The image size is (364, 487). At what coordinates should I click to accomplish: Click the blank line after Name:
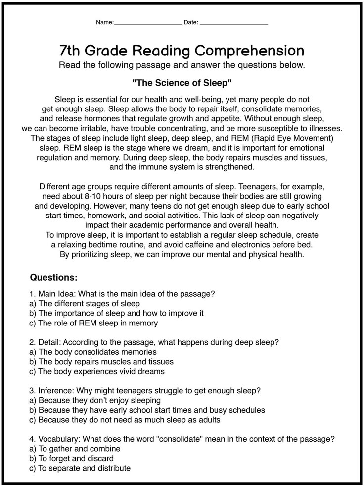coord(148,23)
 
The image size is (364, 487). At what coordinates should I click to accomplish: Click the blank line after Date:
coord(234,23)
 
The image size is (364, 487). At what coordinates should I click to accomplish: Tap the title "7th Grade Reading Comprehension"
coord(182,51)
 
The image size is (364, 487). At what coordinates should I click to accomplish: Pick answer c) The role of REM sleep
coord(94,323)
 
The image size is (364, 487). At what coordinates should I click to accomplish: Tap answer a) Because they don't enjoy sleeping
coord(95,400)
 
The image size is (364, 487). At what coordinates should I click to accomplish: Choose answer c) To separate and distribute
coord(81,468)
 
